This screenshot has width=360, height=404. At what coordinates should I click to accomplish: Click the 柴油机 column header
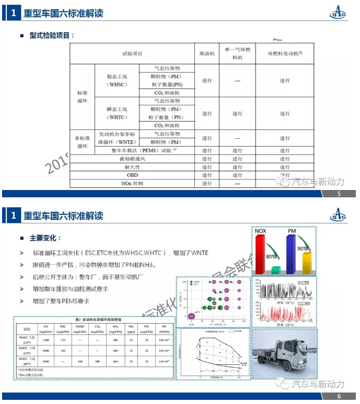pos(207,53)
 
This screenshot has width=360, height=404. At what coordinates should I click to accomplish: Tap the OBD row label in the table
pos(132,175)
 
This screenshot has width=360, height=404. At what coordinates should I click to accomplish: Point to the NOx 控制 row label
pos(132,184)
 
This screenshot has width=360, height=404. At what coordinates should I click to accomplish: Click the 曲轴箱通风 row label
pos(132,159)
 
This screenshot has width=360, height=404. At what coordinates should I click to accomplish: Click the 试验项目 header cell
pos(132,53)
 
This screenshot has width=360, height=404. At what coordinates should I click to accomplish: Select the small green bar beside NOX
pos(276,269)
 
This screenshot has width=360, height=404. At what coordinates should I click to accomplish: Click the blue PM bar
pos(291,253)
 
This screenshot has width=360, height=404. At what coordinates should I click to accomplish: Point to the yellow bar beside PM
pos(307,262)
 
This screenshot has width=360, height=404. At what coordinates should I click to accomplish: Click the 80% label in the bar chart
pos(271,257)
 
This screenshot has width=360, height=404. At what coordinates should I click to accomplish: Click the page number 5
pos(339,195)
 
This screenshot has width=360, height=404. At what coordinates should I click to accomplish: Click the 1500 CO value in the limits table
pos(46,340)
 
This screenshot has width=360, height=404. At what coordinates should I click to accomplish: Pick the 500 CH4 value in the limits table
pos(97,361)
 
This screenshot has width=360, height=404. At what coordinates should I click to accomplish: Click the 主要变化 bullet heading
pos(45,237)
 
